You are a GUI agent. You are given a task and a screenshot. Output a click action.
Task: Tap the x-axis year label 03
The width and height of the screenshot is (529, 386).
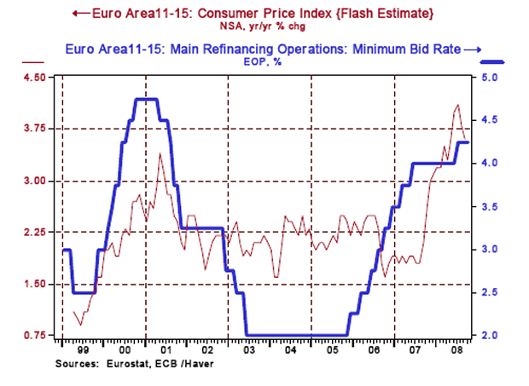[247, 350]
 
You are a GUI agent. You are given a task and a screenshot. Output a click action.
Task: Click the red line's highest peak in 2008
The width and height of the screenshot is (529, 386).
[458, 105]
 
